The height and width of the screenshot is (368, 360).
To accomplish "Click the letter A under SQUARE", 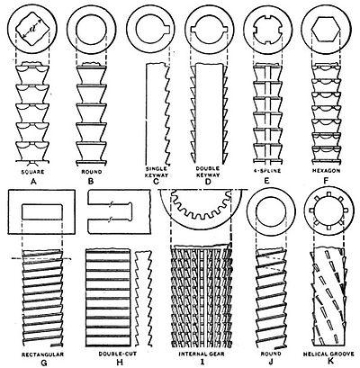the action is [33, 181].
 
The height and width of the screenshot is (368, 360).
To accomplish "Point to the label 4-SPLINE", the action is [267, 171].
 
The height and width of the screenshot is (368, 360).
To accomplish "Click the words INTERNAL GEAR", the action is [202, 354].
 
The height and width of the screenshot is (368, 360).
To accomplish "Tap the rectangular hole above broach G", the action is [42, 211].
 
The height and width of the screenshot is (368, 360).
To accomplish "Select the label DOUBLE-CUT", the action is [118, 354].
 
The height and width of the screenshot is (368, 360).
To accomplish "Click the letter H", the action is [120, 363].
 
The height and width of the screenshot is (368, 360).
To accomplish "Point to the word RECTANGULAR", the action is [42, 355].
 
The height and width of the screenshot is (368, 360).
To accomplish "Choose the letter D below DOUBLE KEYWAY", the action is [208, 182].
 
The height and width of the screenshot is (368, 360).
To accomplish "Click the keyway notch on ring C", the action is [168, 29].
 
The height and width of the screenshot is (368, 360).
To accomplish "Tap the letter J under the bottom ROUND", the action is [271, 363].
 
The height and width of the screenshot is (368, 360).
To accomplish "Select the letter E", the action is [267, 181].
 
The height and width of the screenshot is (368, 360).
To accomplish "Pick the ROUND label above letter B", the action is [92, 172].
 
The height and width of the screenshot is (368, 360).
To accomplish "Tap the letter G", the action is [44, 363].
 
